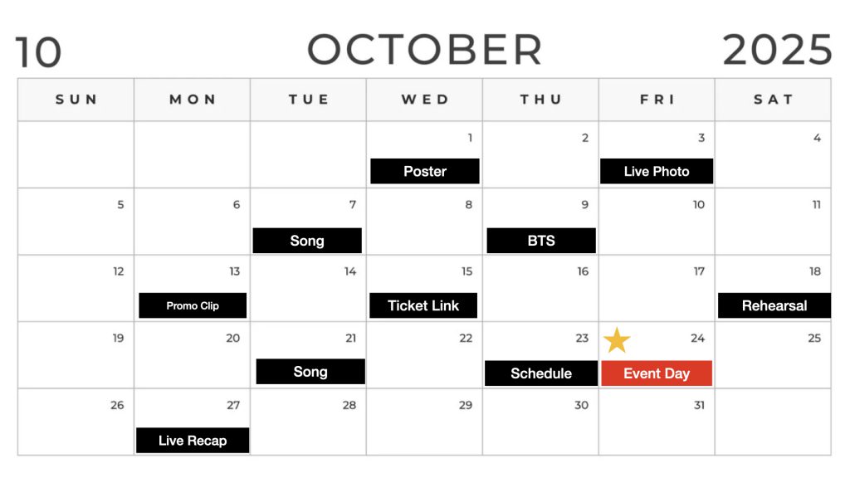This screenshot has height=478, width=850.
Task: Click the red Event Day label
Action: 657,373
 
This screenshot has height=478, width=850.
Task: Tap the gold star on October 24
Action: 617,340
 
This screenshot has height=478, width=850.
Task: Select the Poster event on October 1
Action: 425,171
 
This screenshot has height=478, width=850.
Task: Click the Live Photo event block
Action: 657,171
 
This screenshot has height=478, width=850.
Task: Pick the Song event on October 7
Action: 307,241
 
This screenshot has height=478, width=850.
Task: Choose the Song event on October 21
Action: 310,371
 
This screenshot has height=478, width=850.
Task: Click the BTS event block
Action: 541,241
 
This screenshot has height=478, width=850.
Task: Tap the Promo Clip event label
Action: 193,305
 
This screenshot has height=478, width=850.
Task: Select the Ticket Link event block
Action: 423,305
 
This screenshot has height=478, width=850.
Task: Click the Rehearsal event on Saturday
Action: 774,305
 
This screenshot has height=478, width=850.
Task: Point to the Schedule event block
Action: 541,373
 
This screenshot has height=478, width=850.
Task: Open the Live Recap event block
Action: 193,441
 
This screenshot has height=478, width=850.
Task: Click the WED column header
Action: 425,100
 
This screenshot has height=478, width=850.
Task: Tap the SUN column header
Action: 76,100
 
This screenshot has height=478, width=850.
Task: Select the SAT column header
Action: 774,100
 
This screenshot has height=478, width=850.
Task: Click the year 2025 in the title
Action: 777,50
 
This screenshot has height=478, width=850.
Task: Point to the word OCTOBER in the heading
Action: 425,50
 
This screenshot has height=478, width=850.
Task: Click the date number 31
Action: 699,405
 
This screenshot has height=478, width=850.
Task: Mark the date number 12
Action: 118,271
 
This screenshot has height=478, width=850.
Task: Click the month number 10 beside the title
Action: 38,52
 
